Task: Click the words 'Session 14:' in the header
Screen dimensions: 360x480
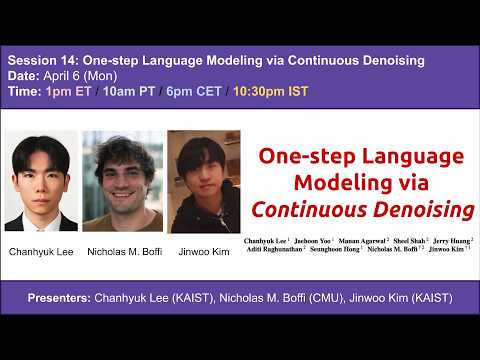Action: point(41,61)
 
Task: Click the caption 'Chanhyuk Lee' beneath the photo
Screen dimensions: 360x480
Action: point(40,251)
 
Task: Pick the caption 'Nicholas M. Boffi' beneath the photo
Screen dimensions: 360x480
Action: point(122,251)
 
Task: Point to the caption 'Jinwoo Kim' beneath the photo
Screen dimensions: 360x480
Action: point(203,251)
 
